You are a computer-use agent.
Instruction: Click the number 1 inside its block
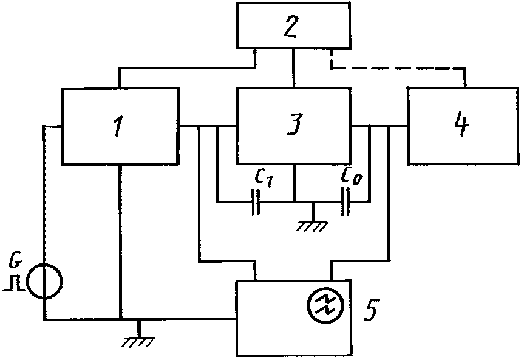118,127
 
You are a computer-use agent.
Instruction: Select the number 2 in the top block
291,25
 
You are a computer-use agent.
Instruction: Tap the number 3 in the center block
295,124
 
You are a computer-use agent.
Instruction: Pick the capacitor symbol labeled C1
256,202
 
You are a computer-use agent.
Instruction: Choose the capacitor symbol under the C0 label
346,202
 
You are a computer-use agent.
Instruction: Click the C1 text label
264,178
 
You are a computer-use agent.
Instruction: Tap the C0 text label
351,177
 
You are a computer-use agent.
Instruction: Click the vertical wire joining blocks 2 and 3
294,68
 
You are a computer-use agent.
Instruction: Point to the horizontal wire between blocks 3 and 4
380,126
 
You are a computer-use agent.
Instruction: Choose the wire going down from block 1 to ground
120,242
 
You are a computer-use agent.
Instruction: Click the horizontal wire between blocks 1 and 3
207,126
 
